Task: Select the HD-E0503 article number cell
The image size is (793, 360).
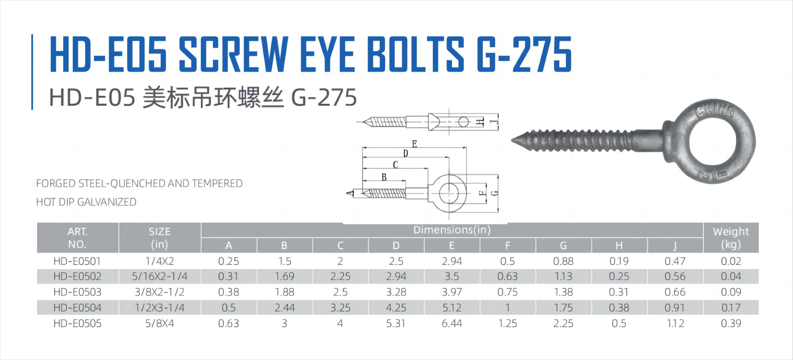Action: pyautogui.click(x=77, y=292)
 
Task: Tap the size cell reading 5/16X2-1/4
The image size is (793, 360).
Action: pyautogui.click(x=159, y=276)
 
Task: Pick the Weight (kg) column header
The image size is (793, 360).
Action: pyautogui.click(x=731, y=238)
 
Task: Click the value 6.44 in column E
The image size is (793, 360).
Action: pyautogui.click(x=452, y=323)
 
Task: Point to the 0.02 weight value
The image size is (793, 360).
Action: pyautogui.click(x=731, y=261)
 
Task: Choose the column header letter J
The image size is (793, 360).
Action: pyautogui.click(x=675, y=245)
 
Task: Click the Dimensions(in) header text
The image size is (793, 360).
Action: pyautogui.click(x=452, y=230)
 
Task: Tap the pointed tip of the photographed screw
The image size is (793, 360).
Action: pyautogui.click(x=512, y=140)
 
